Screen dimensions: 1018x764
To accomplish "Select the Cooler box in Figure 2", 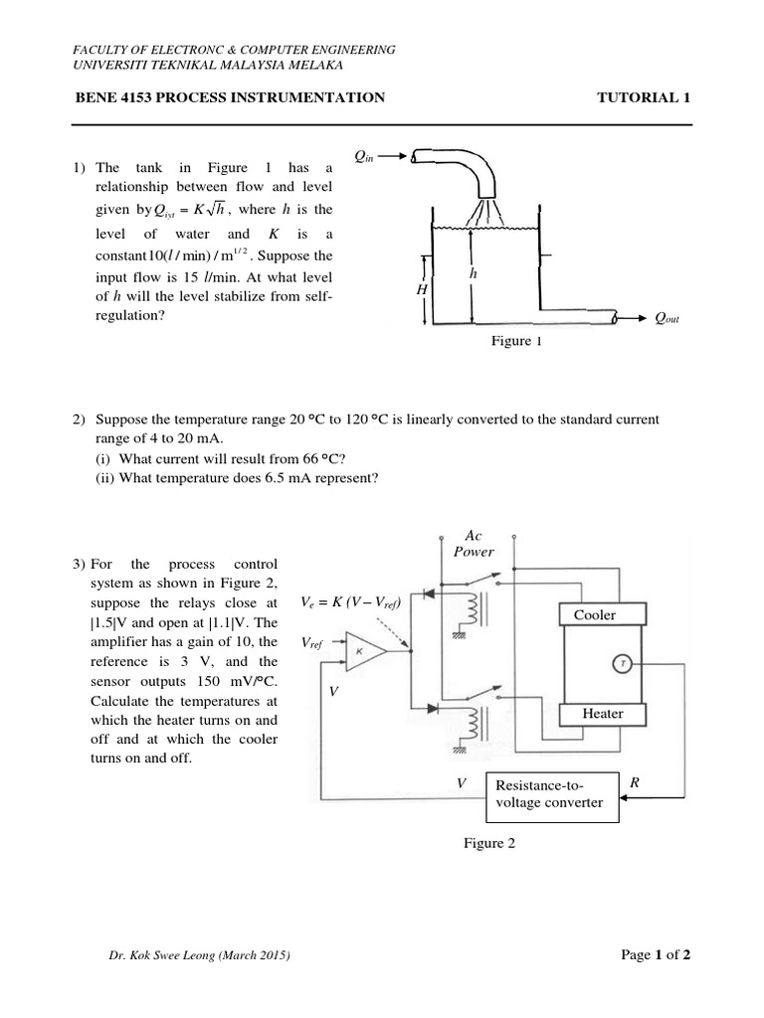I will click(595, 614).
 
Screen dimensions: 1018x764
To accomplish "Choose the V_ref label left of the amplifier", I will click(314, 644).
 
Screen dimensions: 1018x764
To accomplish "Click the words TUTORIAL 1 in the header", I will click(643, 97).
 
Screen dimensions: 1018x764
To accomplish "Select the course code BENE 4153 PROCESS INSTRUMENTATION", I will click(230, 97).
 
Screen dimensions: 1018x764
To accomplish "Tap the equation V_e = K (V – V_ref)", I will click(349, 602).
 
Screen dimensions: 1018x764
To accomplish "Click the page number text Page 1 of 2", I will click(656, 955).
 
